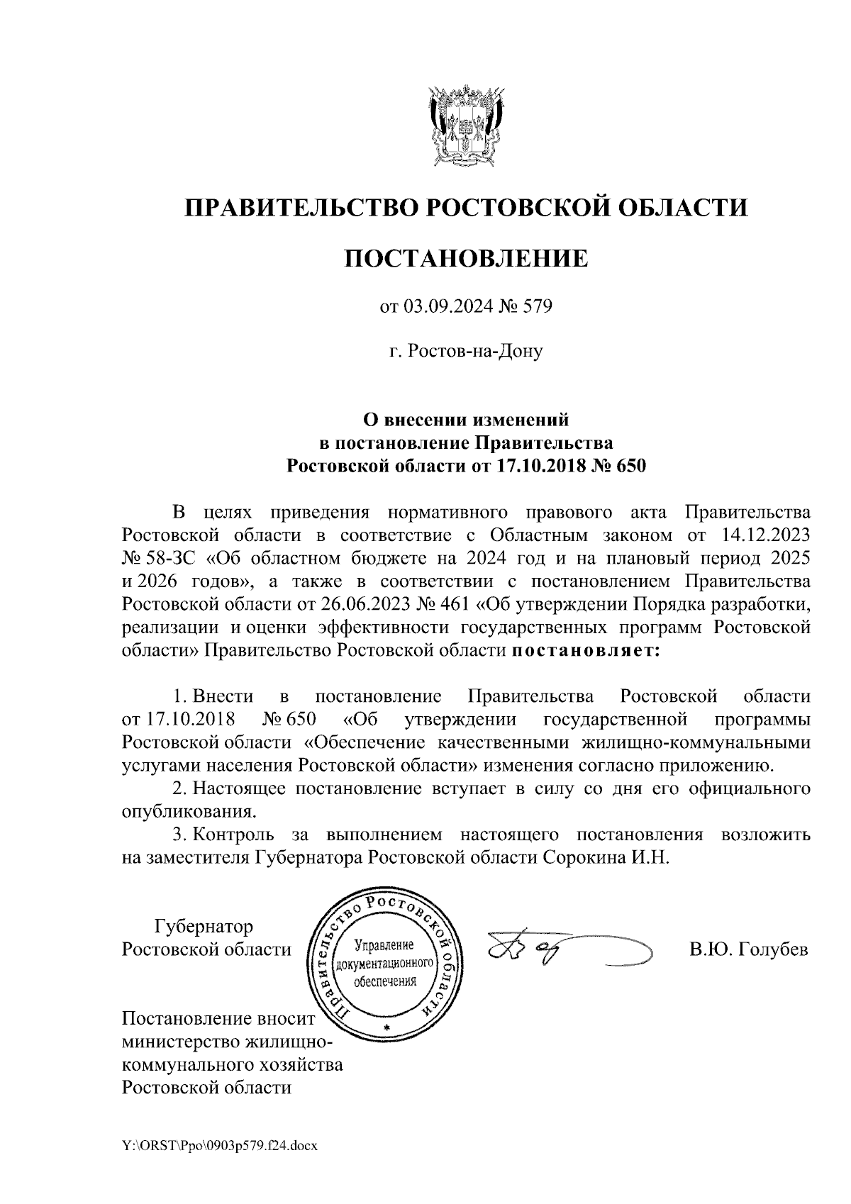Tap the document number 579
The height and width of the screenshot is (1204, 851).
[537, 308]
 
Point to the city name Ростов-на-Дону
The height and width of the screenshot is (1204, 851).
[466, 351]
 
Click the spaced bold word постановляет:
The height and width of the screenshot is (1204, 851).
[585, 650]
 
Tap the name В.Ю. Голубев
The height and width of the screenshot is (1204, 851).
[748, 949]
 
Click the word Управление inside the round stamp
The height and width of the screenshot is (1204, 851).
[383, 946]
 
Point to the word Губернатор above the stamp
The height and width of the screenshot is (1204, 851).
[204, 926]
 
